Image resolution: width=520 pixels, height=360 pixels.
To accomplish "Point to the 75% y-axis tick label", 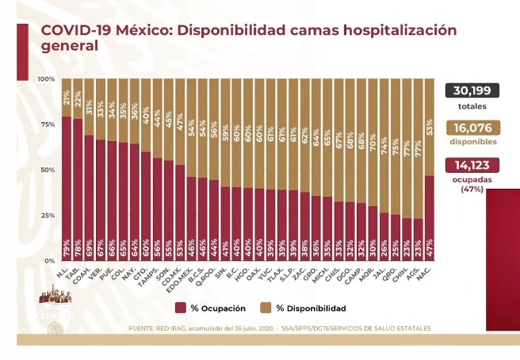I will coord(47,124).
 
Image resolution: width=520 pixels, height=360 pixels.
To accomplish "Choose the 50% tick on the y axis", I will coord(47,170).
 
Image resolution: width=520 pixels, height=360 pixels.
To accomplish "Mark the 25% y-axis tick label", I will coord(47,215).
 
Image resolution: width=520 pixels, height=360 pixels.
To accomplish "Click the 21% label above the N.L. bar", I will coord(67,98).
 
